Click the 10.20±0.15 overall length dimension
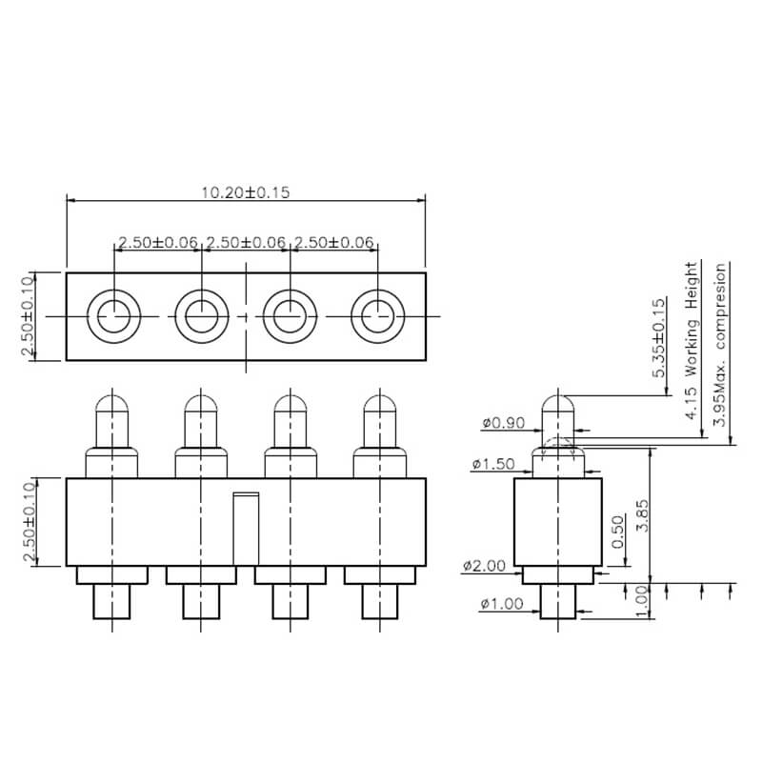[x=246, y=192]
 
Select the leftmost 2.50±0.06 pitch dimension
[x=158, y=242]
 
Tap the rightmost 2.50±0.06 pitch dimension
[x=334, y=242]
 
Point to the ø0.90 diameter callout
[x=504, y=423]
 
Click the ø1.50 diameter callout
[x=492, y=464]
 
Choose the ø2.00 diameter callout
[x=484, y=566]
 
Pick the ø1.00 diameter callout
[x=502, y=604]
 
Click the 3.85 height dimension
[x=642, y=515]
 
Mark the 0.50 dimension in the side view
[x=617, y=532]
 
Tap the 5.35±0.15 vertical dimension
[x=658, y=338]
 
